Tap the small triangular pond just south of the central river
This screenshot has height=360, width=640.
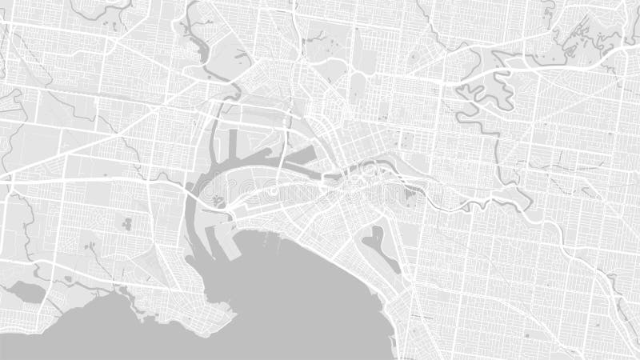point(412,191)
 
